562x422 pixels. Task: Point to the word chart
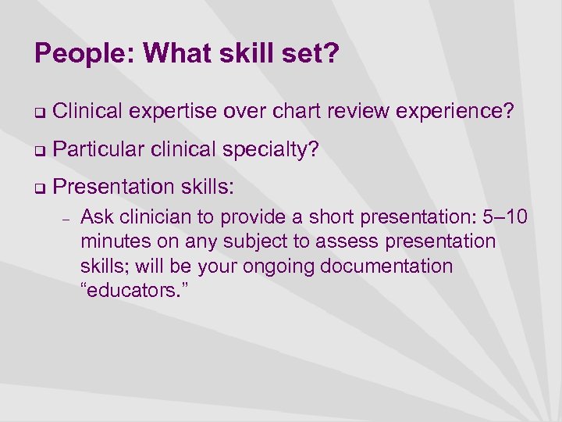(293, 113)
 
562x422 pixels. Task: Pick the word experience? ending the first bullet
(455, 113)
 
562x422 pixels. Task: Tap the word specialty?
(272, 149)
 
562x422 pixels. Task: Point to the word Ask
(96, 216)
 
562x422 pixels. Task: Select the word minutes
(113, 241)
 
